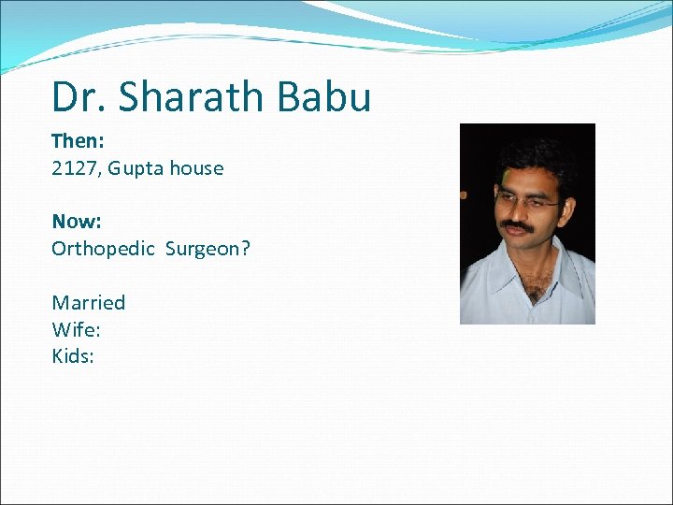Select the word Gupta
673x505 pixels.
click(x=136, y=168)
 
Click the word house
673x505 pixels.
click(x=197, y=168)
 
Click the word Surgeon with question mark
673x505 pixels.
click(x=208, y=249)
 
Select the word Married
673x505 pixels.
click(x=88, y=302)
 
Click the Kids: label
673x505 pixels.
click(x=73, y=356)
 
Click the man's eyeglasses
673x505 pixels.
click(x=524, y=199)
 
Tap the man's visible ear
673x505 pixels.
click(x=572, y=207)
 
